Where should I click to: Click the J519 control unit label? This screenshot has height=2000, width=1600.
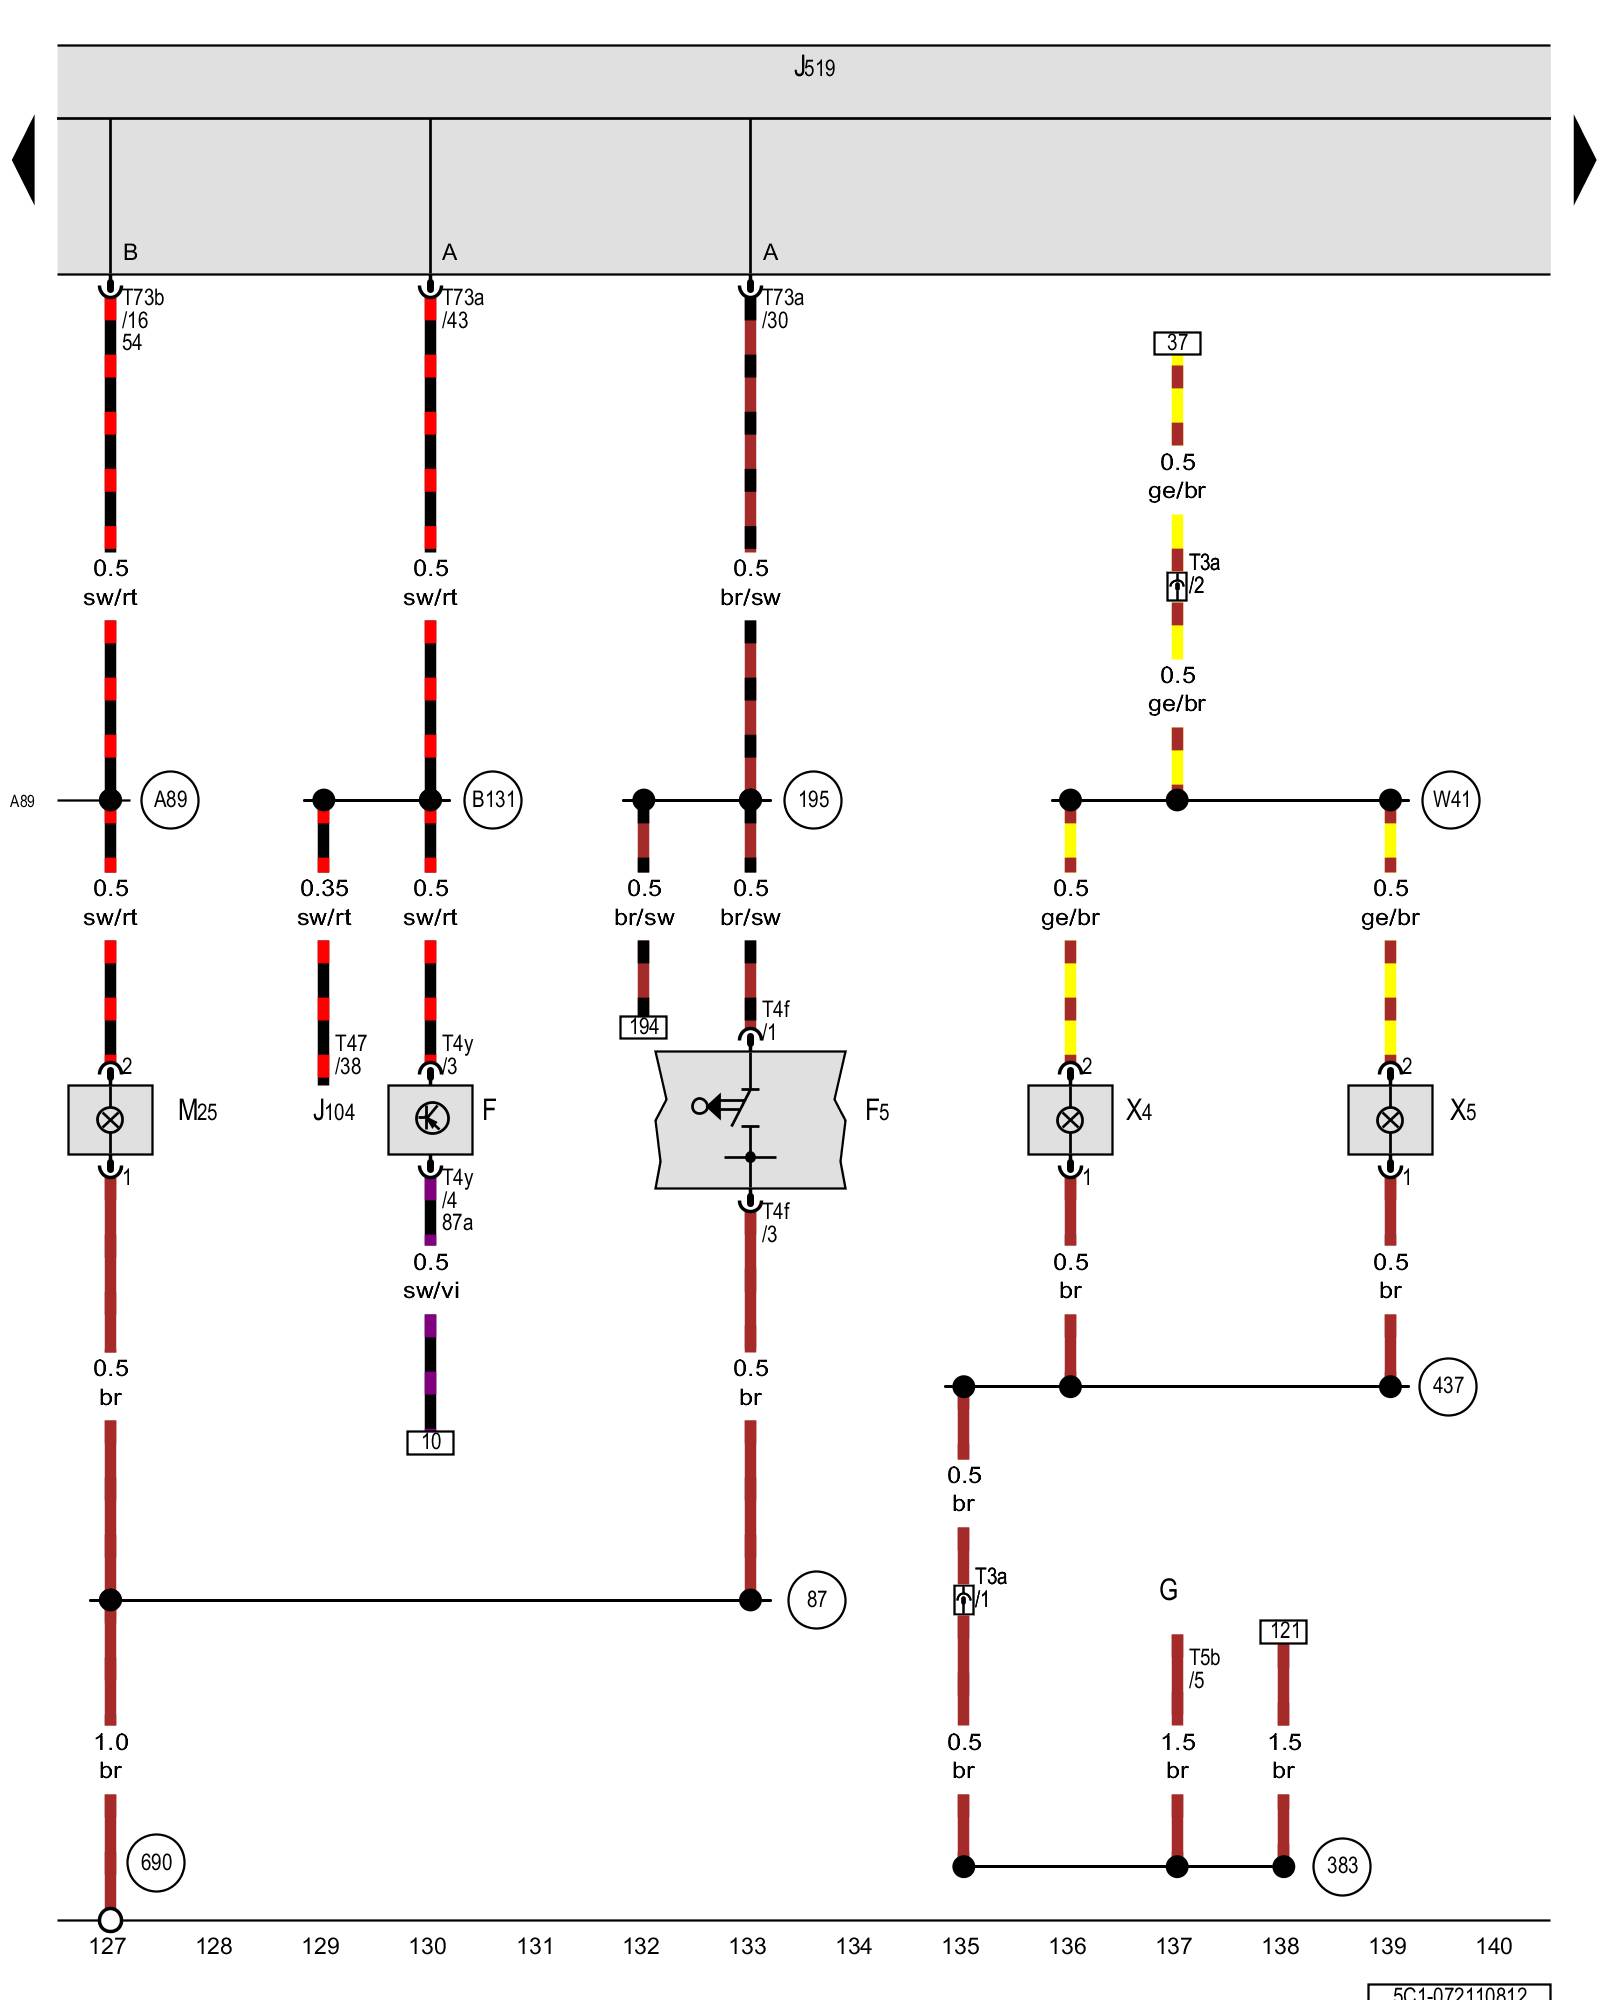pos(814,68)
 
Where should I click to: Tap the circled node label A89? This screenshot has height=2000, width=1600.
pos(170,800)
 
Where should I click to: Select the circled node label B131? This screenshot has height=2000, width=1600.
pos(493,800)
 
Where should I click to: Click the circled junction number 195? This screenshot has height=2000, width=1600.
pos(813,800)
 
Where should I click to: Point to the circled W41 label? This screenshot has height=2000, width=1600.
pos(1451,800)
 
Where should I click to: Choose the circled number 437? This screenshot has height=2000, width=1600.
pos(1447,1386)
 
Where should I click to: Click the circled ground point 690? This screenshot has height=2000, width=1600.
pos(156,1863)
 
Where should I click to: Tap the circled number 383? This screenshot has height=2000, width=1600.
pos(1342,1866)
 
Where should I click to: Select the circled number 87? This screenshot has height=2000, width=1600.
pos(816,1600)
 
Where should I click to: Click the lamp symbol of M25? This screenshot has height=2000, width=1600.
pos(110,1120)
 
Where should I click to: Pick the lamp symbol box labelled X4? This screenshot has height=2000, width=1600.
pos(1070,1120)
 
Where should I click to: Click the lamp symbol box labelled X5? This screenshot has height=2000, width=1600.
pos(1390,1120)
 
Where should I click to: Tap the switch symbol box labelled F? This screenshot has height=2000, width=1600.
pos(430,1120)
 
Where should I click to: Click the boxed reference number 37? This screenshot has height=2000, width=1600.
pos(1177,343)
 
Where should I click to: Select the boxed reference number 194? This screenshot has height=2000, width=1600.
pos(643,1027)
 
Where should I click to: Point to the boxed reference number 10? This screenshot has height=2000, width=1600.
pos(430,1442)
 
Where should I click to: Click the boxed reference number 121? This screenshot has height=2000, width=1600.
pos(1284,1632)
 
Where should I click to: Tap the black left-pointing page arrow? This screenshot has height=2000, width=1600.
pos(24,160)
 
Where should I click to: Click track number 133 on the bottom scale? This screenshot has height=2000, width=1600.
pos(747,1946)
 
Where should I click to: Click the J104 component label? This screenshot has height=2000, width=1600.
pos(334,1111)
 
